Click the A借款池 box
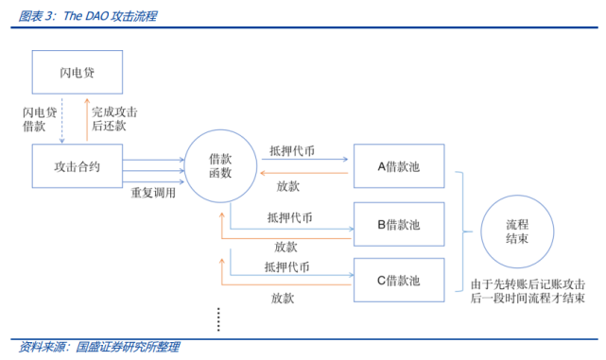coord(397,167)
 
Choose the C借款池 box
coord(397,280)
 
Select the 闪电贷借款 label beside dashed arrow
coord(38,121)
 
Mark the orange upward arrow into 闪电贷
coord(86,120)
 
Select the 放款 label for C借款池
coord(284,298)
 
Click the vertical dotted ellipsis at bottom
coord(217,319)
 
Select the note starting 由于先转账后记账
coord(526,290)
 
